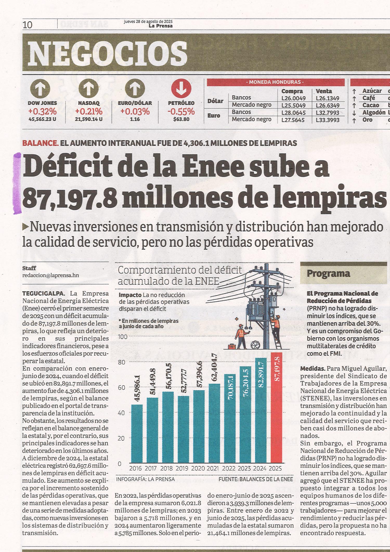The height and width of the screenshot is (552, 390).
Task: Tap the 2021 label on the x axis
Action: pos(213,468)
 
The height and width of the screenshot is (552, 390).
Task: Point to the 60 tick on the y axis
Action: pos(121,388)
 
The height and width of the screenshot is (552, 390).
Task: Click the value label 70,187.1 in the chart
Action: pos(230,388)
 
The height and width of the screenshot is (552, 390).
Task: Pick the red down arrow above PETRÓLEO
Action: pos(181,89)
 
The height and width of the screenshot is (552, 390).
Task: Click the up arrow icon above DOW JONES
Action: pos(42,89)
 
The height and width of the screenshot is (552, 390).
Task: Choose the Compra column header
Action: pos(292,91)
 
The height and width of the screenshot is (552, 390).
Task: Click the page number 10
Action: pos(28,25)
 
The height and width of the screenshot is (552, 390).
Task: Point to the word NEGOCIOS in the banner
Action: pos(107,54)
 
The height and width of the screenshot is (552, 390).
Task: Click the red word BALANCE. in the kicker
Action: pos(40,143)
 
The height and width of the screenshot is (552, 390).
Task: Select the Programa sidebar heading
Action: pos(328,274)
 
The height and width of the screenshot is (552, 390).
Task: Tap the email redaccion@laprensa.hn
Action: pos(50,275)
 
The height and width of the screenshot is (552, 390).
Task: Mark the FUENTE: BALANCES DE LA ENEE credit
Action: pos(256,479)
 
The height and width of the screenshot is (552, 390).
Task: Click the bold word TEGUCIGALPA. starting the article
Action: pos(43,293)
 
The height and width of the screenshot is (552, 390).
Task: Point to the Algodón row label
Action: pos(374,112)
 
